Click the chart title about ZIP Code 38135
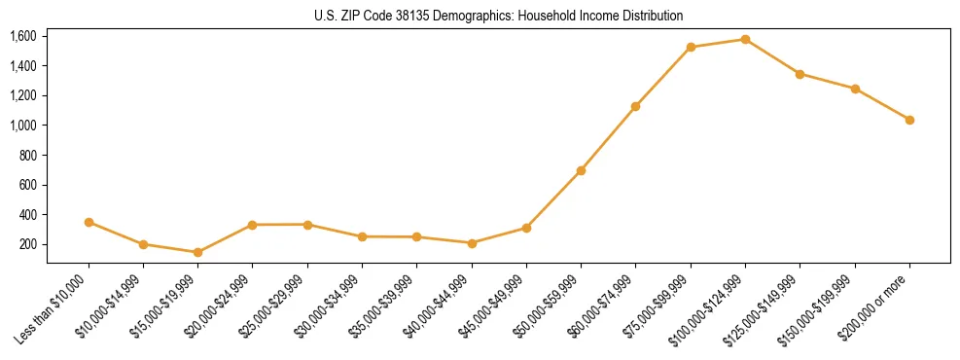499,16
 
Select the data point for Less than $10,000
89,222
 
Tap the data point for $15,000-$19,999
197,252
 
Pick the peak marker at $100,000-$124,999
745,39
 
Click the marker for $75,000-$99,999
691,47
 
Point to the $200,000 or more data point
909,120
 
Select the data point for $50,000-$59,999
581,170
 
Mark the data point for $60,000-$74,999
635,106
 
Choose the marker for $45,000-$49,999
526,228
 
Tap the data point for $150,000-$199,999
855,89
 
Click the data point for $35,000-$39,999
416,236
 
